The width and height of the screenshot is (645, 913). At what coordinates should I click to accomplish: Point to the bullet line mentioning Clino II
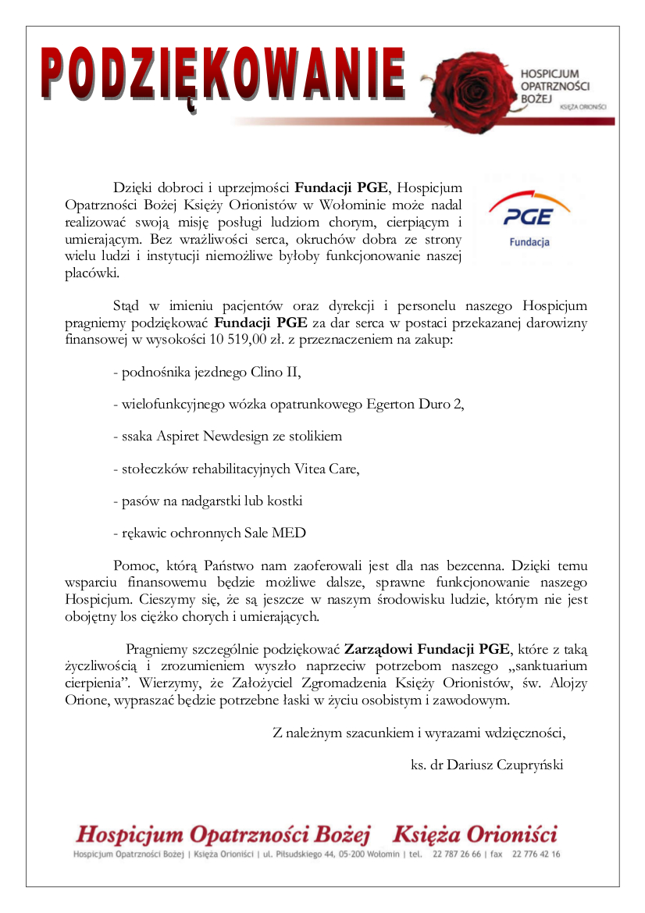click(207, 372)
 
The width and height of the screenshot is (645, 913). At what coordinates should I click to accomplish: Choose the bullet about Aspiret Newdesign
click(227, 436)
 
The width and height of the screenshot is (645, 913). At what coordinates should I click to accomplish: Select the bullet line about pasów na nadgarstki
click(208, 501)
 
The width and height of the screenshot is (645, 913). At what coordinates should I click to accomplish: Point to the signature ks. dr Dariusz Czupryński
click(486, 765)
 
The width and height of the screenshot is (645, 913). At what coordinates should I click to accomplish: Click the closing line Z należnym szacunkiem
click(419, 733)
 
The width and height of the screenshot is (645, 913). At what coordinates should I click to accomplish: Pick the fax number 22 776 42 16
click(536, 854)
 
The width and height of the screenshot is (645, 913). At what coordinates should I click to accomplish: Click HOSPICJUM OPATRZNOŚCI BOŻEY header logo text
click(554, 86)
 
